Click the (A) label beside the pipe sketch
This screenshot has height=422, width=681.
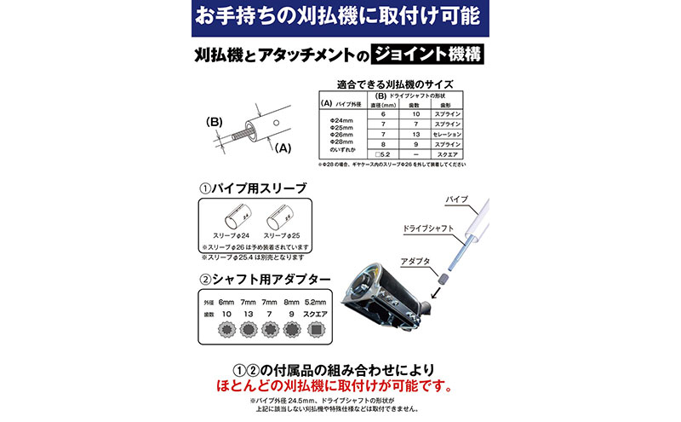[x=283, y=147]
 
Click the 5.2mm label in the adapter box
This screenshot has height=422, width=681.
[x=315, y=303]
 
